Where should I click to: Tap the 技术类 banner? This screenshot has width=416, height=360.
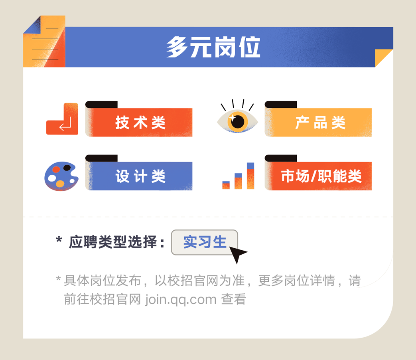click(x=140, y=123)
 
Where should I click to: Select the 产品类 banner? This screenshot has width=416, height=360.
click(x=319, y=123)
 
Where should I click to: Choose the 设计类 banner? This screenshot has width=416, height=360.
click(x=140, y=176)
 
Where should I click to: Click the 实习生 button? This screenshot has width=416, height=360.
click(x=205, y=242)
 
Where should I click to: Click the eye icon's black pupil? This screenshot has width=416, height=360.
click(x=238, y=121)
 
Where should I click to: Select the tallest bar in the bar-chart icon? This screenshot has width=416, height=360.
click(x=250, y=176)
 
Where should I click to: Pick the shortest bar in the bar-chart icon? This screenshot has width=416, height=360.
click(x=226, y=185)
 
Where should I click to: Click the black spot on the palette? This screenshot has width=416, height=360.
click(x=67, y=168)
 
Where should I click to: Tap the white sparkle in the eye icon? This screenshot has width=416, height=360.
click(x=232, y=118)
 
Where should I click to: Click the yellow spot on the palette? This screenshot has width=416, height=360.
click(x=60, y=184)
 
